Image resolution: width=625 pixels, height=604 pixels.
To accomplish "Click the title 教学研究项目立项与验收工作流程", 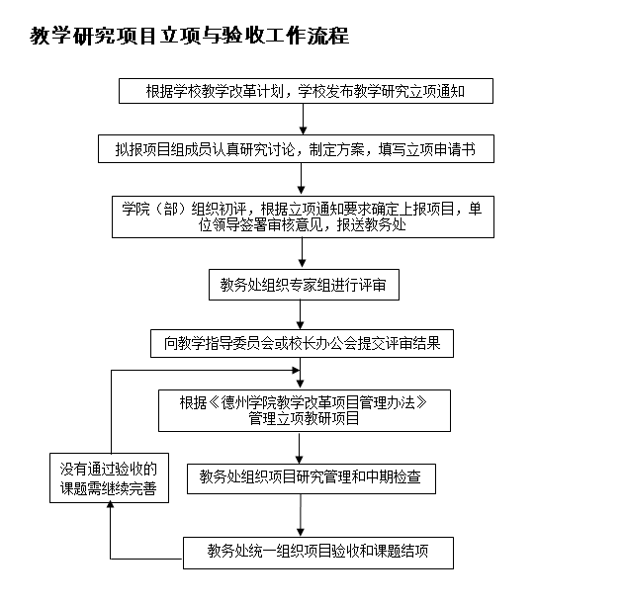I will click(190, 37).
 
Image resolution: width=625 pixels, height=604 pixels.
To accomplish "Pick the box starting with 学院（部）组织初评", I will click(302, 216).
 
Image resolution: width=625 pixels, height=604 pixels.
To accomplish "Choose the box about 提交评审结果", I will click(302, 343).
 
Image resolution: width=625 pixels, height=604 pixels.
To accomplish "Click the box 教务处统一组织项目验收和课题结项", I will click(317, 552).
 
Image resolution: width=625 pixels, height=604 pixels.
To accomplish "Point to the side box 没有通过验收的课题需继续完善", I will click(108, 477).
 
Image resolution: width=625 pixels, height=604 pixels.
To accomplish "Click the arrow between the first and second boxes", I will click(302, 120).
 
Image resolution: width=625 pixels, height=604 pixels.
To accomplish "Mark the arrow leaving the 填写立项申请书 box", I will click(302, 179).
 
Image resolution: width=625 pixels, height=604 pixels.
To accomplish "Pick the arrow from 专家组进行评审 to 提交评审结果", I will click(302, 314).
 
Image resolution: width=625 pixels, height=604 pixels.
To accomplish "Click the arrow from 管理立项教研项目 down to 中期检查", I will click(302, 445).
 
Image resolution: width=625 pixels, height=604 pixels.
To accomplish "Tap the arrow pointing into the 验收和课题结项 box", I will click(302, 515).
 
